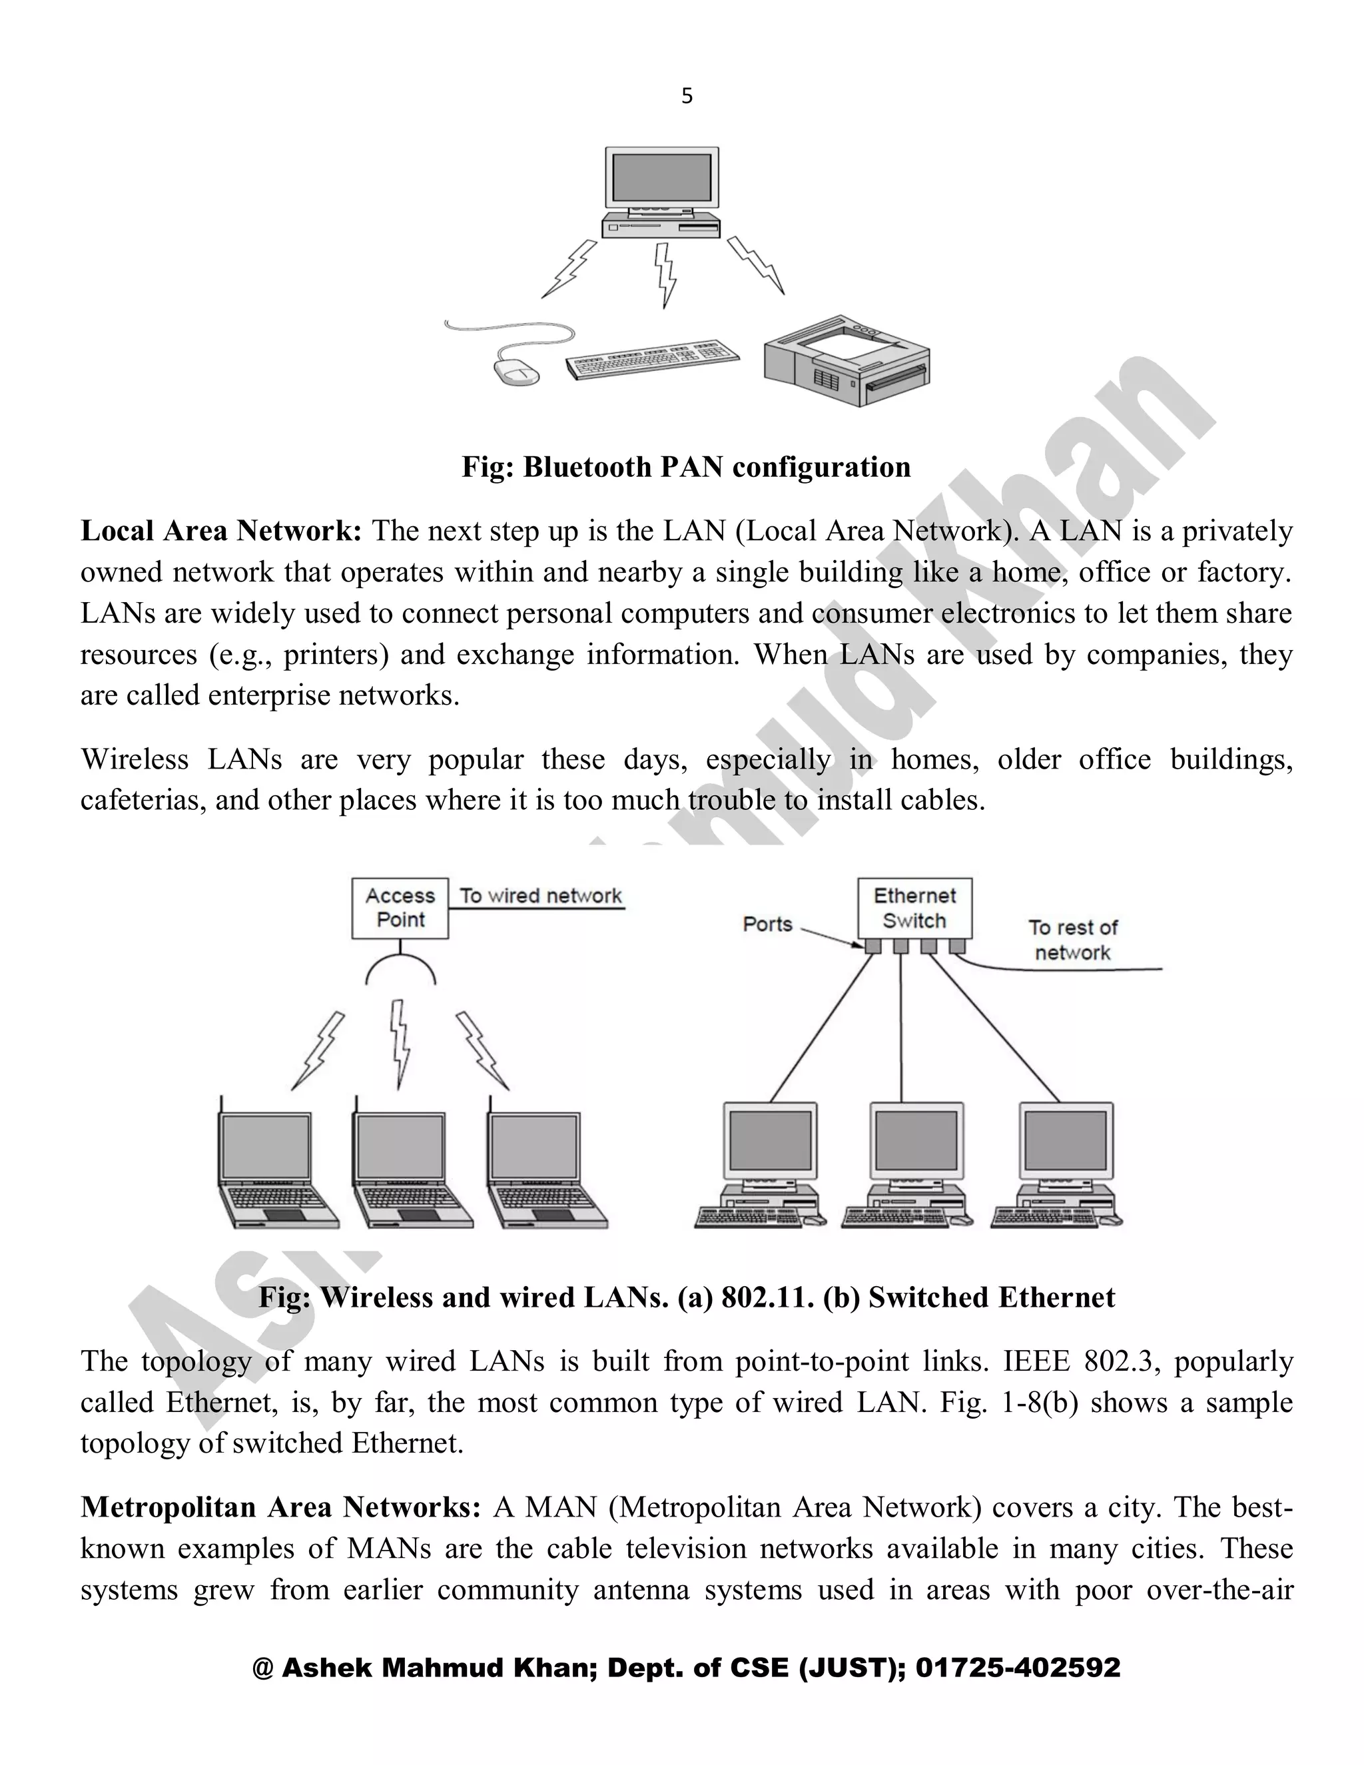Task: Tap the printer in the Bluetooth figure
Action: coord(847,360)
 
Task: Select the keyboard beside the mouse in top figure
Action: coord(652,359)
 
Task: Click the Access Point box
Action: coord(400,908)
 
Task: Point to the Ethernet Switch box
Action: coord(914,908)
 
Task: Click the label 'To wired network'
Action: coord(541,896)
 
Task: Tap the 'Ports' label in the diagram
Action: coord(768,924)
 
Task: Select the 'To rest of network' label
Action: coord(1072,940)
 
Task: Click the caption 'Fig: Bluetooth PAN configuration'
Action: coord(686,467)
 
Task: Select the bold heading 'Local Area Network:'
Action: coord(220,531)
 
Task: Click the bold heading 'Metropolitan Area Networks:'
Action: coord(280,1507)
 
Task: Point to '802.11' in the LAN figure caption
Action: coord(767,1297)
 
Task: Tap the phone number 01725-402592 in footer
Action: coord(1018,1668)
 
